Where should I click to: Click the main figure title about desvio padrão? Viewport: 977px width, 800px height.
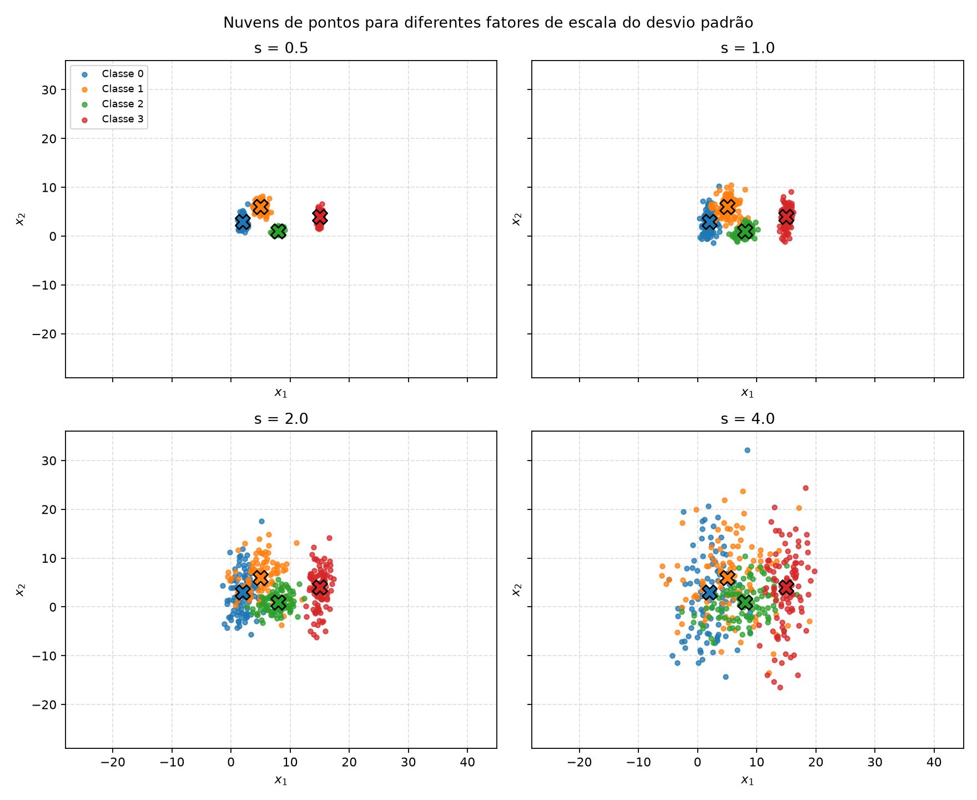click(488, 23)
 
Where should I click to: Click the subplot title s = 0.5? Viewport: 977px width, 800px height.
click(281, 48)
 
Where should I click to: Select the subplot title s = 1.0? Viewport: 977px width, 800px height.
click(747, 48)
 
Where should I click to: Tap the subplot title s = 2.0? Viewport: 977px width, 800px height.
click(281, 419)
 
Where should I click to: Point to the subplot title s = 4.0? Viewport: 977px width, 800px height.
click(747, 419)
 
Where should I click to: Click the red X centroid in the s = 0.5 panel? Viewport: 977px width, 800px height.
click(319, 217)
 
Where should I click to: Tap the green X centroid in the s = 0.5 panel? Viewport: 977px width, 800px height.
click(278, 231)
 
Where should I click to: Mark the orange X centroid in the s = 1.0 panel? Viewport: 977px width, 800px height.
click(727, 207)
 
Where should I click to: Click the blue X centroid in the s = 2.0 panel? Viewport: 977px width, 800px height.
click(243, 592)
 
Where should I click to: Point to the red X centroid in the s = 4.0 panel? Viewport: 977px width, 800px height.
click(786, 587)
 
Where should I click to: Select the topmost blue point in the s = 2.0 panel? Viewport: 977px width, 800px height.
click(261, 521)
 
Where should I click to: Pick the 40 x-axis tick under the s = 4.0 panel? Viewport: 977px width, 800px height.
click(934, 763)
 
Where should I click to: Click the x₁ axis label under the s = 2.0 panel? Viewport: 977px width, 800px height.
click(281, 781)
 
